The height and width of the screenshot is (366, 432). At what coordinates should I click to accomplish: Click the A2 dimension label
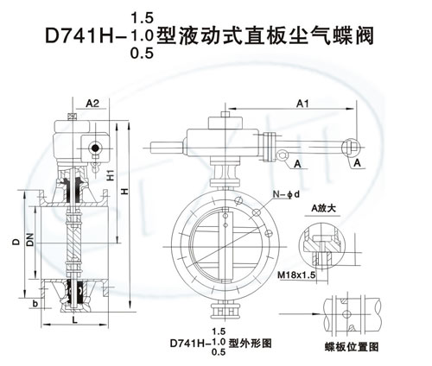point(92,103)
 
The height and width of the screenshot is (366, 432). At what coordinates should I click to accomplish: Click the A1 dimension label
point(302,104)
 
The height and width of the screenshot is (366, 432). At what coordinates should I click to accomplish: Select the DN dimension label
point(30,239)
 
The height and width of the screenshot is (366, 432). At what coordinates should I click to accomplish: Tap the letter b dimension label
point(35,304)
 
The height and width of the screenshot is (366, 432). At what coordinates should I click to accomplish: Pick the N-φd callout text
point(286,195)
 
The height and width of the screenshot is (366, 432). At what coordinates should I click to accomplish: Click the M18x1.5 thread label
point(296,275)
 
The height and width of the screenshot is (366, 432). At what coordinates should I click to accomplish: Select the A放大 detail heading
point(323,208)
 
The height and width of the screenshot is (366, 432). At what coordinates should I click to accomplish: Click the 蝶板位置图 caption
point(351,347)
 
